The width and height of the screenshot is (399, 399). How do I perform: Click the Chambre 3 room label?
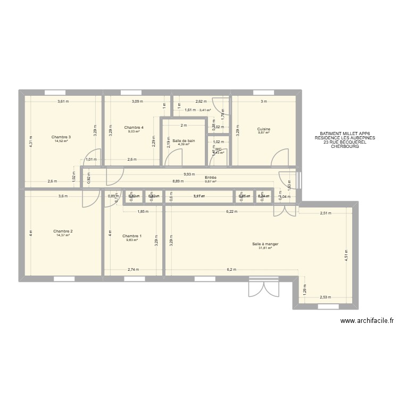61,137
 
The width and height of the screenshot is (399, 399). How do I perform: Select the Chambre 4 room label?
134,128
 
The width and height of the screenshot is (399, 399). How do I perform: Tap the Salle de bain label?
184,140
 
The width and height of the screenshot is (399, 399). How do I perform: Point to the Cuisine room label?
264,129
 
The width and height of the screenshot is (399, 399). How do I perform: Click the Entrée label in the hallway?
211,177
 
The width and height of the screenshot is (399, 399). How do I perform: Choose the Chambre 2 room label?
63,231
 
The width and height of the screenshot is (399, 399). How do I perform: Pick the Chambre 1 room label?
132,236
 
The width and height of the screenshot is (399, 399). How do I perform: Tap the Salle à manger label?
265,244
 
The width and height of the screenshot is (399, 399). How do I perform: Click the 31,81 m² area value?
265,248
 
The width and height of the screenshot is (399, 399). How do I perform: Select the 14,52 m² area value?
61,141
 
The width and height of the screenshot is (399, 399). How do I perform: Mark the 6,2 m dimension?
231,270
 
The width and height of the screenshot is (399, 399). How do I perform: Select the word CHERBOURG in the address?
345,146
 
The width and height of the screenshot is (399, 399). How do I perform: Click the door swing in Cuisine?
278,158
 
